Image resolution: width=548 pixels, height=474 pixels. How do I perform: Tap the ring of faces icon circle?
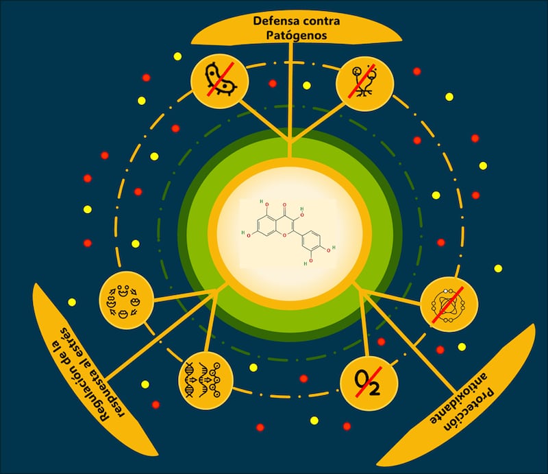click(x=124, y=299)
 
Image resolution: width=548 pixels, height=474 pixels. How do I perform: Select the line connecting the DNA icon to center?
click(x=212, y=329)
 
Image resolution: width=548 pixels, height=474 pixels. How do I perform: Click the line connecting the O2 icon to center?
click(x=360, y=329)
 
